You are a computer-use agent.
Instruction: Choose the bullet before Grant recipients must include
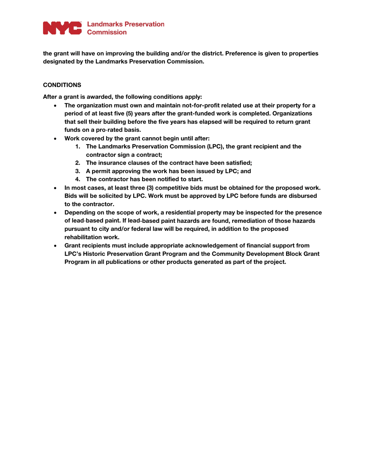56,245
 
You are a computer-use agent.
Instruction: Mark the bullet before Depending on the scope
56,212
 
